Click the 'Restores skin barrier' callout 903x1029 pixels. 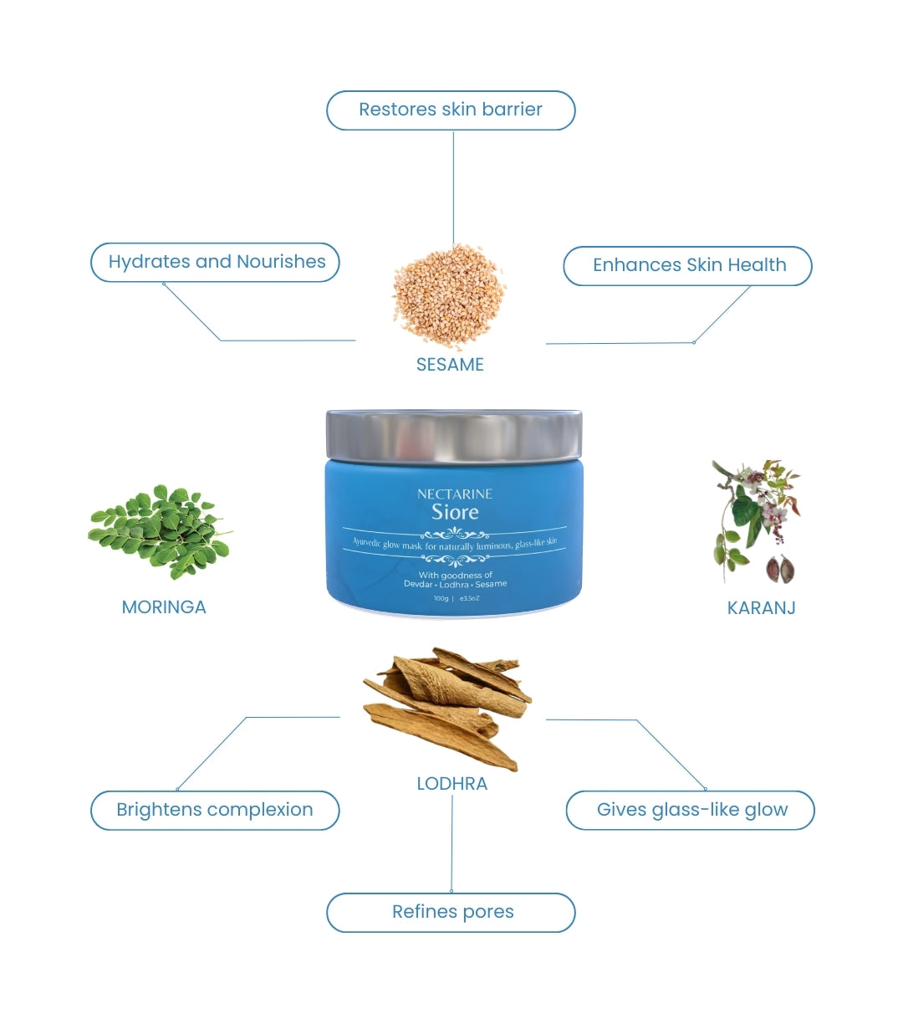451,110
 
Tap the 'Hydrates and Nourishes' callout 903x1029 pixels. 215,262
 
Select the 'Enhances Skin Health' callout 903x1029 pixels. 688,265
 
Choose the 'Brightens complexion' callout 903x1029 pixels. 215,810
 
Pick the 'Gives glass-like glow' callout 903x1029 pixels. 691,810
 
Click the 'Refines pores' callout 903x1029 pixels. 451,912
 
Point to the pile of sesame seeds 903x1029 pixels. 449,294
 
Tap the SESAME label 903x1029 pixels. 450,365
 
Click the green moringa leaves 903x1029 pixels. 159,530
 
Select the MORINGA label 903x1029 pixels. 164,607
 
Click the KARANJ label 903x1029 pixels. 761,608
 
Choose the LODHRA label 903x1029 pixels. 451,784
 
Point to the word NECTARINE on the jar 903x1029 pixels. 455,494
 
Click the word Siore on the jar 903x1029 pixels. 455,512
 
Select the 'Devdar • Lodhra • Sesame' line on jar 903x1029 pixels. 455,584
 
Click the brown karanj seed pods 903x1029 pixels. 779,569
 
